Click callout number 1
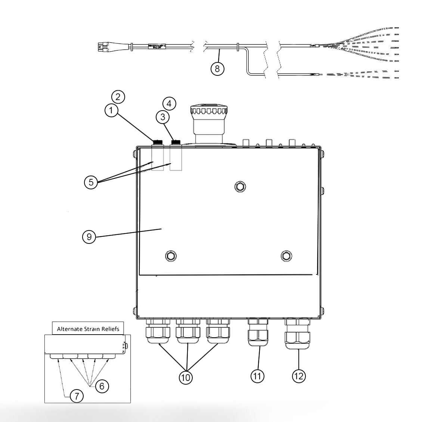click(111, 111)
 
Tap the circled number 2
click(118, 97)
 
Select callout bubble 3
click(162, 117)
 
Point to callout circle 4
click(169, 103)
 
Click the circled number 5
click(91, 182)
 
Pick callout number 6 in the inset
click(102, 386)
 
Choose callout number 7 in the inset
click(77, 396)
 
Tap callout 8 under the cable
click(218, 68)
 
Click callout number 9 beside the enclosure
click(89, 237)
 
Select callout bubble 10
click(186, 377)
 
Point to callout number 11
click(257, 376)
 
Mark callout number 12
click(298, 376)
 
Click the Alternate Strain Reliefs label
click(88, 329)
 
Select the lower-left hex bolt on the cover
click(171, 256)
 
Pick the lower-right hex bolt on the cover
click(286, 256)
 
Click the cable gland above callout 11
click(258, 332)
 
